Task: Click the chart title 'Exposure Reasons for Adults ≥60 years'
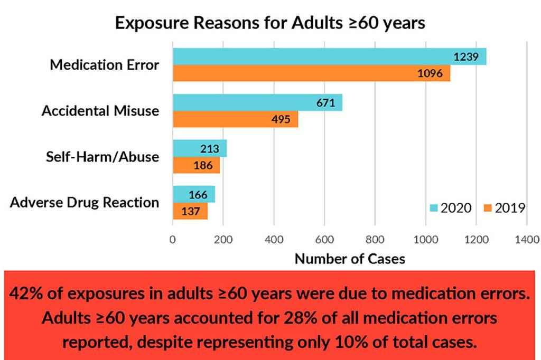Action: pyautogui.click(x=270, y=24)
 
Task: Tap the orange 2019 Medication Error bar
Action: pyautogui.click(x=311, y=73)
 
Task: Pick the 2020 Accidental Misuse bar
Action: pyautogui.click(x=257, y=102)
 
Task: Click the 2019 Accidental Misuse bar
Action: pyautogui.click(x=235, y=119)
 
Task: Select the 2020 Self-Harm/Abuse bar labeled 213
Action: pyautogui.click(x=200, y=148)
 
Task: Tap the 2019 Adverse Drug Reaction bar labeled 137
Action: pyautogui.click(x=190, y=211)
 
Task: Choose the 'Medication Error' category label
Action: pyautogui.click(x=105, y=65)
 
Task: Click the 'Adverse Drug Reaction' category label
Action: pyautogui.click(x=85, y=203)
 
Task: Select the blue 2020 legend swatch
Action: pyautogui.click(x=433, y=208)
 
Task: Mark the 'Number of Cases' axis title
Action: pyautogui.click(x=350, y=259)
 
